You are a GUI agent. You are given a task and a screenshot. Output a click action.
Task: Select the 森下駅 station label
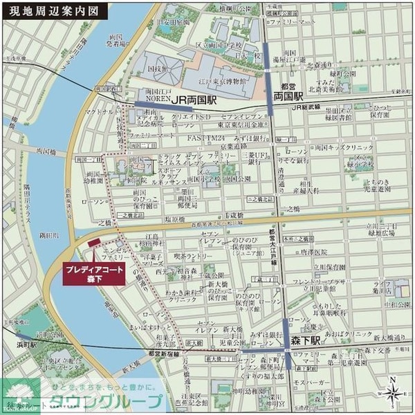click(x=305, y=340)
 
